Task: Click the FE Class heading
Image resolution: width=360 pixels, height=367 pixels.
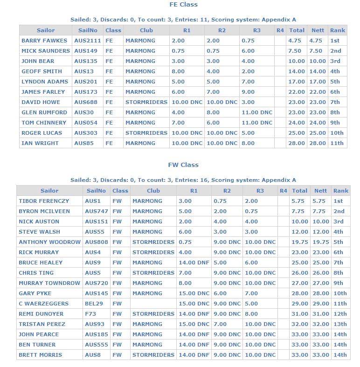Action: tap(183, 5)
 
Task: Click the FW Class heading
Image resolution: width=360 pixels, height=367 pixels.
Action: tap(183, 165)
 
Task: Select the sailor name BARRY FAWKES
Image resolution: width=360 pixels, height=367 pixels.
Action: tap(44, 41)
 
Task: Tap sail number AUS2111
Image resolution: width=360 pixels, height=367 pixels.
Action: tap(87, 41)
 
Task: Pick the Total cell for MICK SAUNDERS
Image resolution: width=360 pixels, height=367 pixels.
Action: tap(296, 51)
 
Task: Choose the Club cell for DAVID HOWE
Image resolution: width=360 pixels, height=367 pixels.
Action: tap(146, 102)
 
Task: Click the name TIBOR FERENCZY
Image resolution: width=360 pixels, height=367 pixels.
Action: tap(44, 201)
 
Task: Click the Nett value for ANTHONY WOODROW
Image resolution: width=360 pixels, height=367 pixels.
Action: tap(321, 242)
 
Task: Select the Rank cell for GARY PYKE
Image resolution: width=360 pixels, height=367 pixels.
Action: tap(340, 293)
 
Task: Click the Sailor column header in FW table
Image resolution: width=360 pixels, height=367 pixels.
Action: tap(49, 191)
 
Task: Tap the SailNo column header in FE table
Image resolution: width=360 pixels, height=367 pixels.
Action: tap(88, 30)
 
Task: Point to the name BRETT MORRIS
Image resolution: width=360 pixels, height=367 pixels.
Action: tap(41, 355)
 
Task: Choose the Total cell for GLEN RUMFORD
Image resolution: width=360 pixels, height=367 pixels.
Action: tap(296, 112)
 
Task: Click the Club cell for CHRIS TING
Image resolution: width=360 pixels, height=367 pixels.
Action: tap(153, 273)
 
